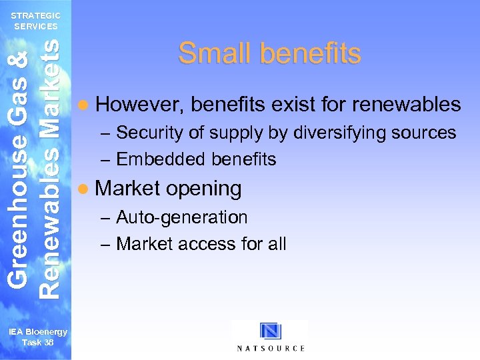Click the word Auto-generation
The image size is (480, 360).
point(181,217)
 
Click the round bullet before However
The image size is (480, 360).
point(82,105)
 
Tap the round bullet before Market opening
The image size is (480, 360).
point(82,189)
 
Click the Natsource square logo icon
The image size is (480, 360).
point(271,332)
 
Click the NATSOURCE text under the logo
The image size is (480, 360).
point(271,348)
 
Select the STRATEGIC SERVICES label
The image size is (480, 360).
point(35,21)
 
